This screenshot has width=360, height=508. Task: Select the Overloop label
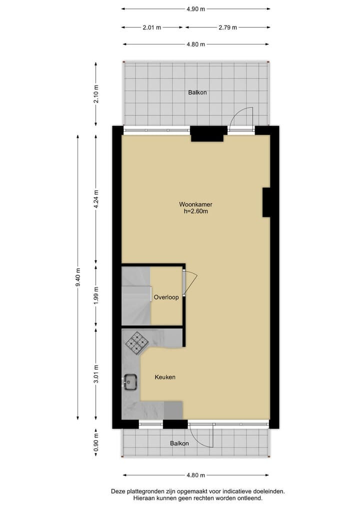(166, 297)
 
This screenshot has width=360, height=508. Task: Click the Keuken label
(165, 377)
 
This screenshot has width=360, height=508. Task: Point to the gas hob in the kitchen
(136, 343)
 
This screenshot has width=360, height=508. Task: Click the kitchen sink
(131, 383)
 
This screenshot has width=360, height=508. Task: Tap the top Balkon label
(197, 92)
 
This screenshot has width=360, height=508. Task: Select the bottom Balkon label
(179, 444)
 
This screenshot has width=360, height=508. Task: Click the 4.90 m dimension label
(196, 9)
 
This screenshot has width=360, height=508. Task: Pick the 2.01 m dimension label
(152, 27)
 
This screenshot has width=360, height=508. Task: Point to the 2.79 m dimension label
(227, 27)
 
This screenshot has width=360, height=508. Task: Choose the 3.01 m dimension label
(96, 374)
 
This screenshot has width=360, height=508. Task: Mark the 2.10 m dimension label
(96, 93)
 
